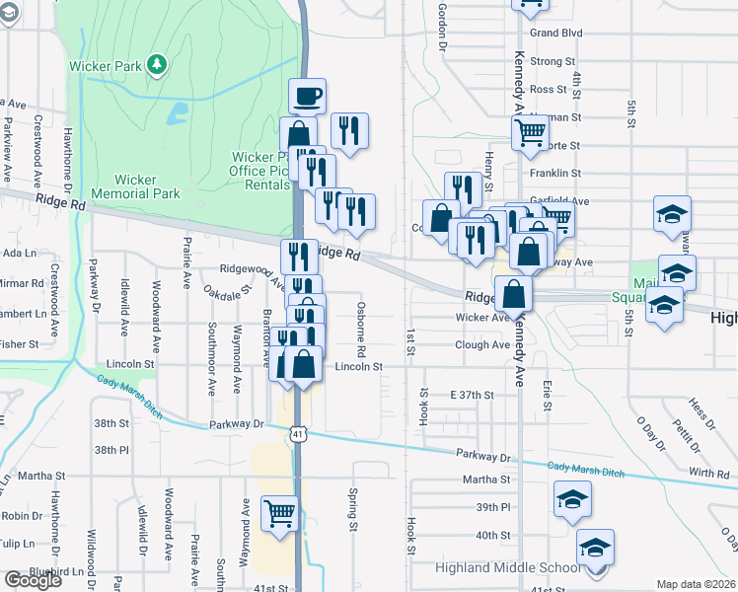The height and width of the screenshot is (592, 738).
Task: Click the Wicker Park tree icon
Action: (x=156, y=65)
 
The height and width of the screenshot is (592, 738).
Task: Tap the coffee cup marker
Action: (x=307, y=96)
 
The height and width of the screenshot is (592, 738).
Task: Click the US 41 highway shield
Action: (x=298, y=433)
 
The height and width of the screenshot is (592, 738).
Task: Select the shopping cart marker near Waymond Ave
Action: (x=280, y=513)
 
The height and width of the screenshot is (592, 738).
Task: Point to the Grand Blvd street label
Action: (x=555, y=33)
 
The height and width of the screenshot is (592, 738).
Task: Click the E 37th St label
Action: (x=471, y=395)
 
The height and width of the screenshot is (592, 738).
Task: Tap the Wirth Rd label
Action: (x=709, y=474)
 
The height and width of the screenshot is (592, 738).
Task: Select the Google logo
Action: (x=33, y=580)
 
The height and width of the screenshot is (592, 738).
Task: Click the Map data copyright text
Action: (x=697, y=584)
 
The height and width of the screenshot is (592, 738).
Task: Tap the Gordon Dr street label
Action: (x=442, y=26)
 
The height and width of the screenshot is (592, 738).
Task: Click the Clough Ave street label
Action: (x=482, y=345)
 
